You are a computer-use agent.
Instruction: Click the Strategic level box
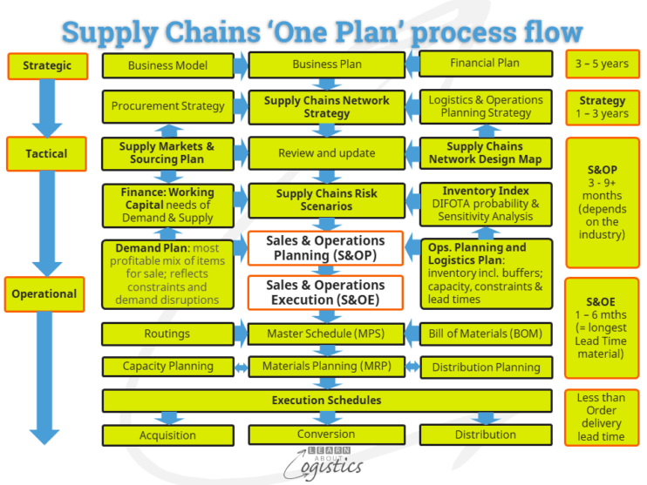tap(46, 65)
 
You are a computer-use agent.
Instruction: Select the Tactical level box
tap(46, 153)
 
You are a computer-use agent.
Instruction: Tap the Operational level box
tap(46, 293)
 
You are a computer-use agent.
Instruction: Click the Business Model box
tap(168, 65)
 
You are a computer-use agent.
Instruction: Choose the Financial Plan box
tap(485, 64)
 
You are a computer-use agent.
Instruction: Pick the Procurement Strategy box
tap(168, 106)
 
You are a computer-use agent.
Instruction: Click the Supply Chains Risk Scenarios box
tap(326, 199)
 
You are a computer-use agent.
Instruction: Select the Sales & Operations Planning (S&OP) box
tap(326, 248)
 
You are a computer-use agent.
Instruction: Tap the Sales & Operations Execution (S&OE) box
tap(326, 293)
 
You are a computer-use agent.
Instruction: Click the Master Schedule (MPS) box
tap(326, 333)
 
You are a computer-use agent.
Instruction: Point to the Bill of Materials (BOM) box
tap(486, 333)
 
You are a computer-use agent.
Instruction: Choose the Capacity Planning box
tap(168, 367)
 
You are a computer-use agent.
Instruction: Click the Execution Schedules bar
tap(326, 401)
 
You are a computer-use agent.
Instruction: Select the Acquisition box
tap(168, 434)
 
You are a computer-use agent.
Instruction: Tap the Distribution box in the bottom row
tap(486, 434)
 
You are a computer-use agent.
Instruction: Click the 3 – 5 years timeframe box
tap(603, 64)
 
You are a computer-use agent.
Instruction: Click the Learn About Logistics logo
tap(328, 461)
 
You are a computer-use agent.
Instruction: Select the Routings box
tap(168, 333)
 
